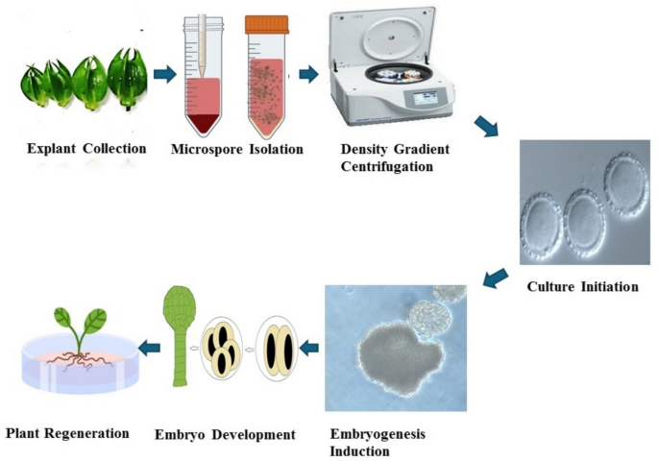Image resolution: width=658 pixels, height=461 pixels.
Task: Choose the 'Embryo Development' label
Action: pyautogui.click(x=225, y=435)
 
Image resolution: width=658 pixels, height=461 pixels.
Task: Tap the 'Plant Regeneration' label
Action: pyautogui.click(x=67, y=433)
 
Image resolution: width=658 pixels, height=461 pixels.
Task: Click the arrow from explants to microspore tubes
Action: pyautogui.click(x=165, y=73)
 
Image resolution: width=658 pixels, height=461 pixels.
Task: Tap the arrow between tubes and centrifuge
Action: pyautogui.click(x=308, y=73)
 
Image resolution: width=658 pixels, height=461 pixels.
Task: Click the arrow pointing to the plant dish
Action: pyautogui.click(x=149, y=346)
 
